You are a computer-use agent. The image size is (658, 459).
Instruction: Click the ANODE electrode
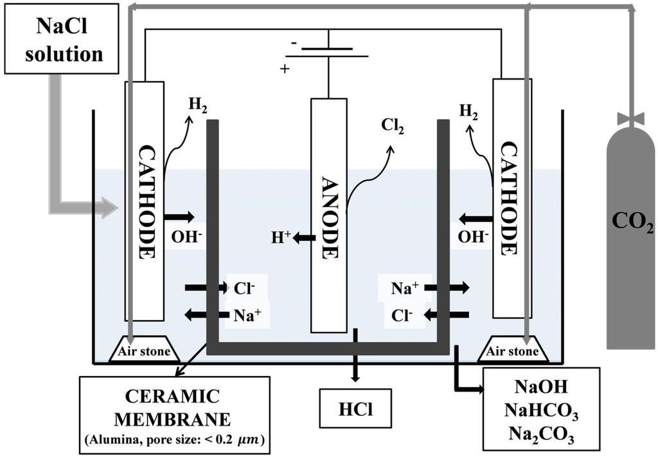pos(328,215)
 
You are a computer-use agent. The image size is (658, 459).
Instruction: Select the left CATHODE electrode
pos(145,201)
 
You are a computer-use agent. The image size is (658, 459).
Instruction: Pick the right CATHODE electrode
pos(512,198)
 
